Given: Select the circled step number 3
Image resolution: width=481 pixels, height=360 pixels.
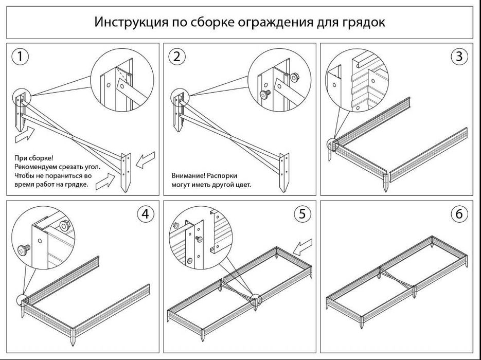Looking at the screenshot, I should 459,57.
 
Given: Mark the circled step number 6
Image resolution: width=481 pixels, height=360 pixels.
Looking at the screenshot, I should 459,214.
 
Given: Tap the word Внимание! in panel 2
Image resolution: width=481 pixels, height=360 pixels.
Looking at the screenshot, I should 188,175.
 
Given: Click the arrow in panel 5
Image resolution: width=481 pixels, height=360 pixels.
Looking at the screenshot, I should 304,248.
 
